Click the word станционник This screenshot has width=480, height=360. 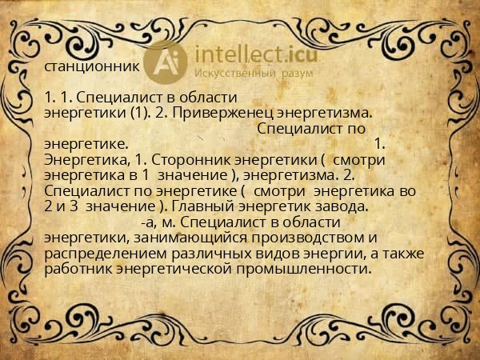pyautogui.click(x=93, y=67)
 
